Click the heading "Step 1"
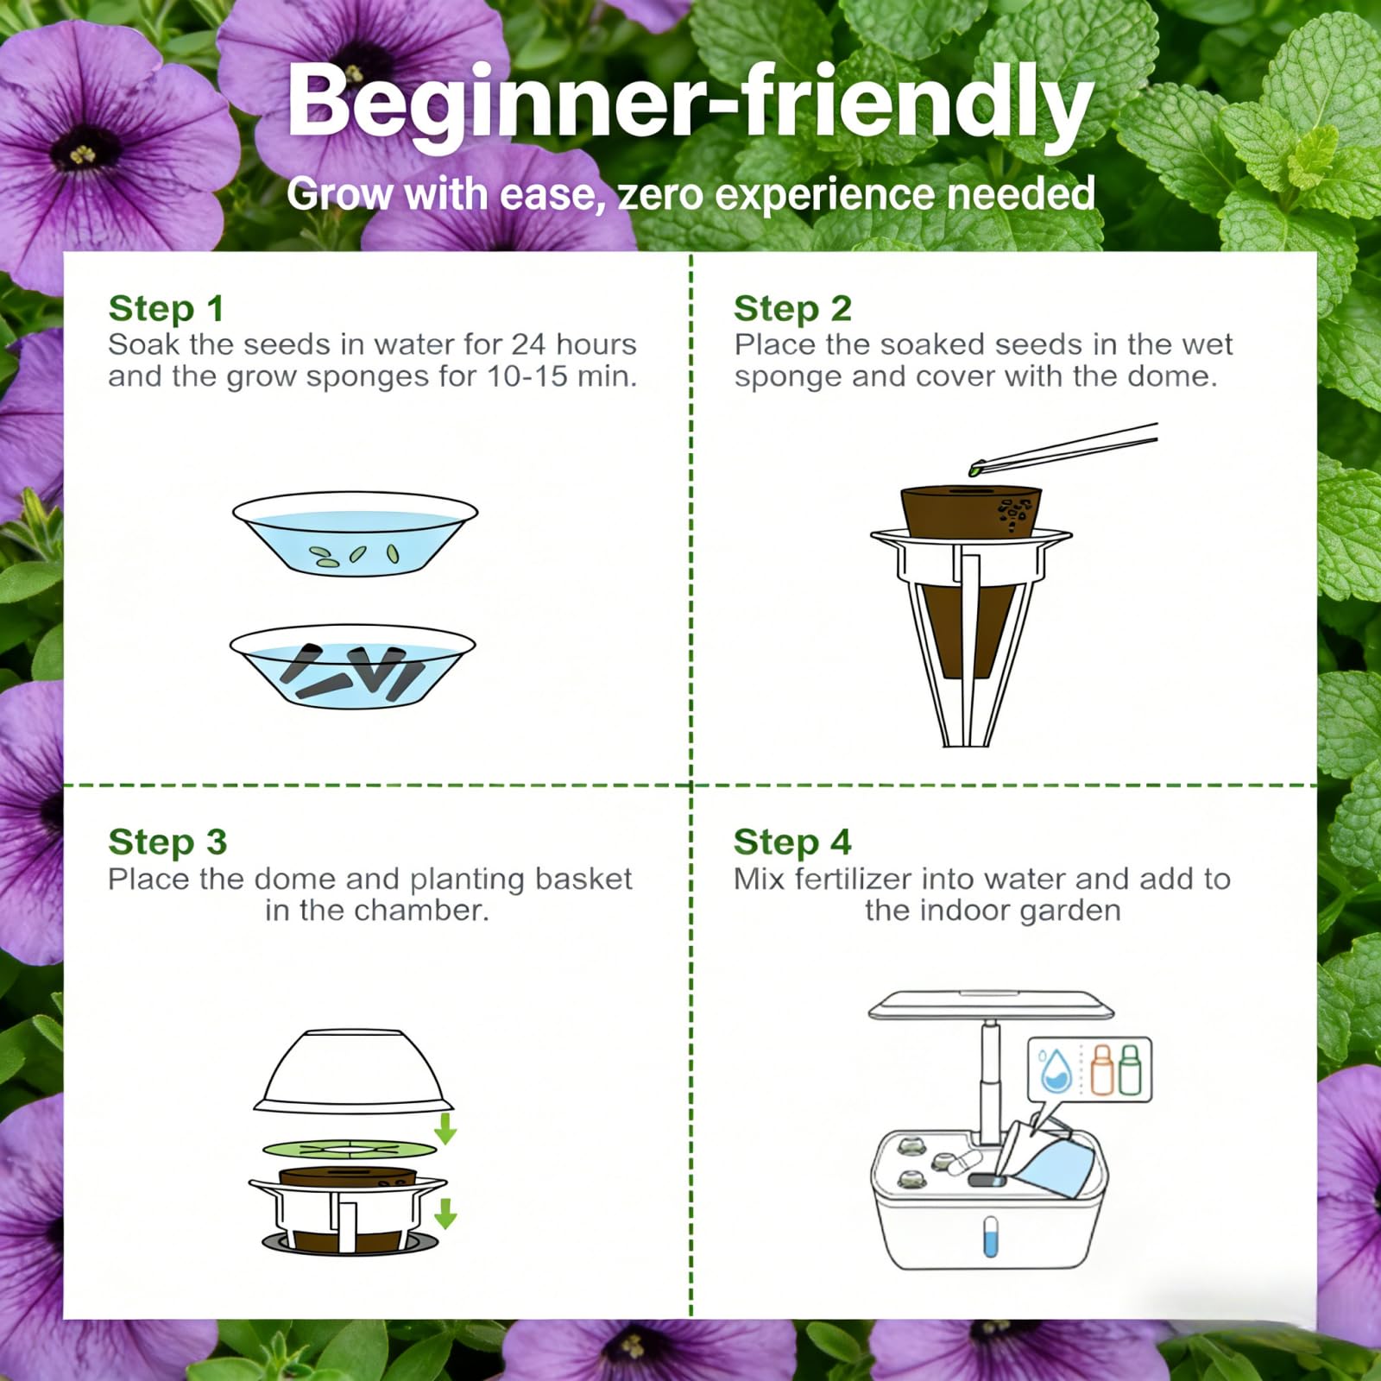166,308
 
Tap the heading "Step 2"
792,308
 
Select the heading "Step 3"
167,842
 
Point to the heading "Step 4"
792,842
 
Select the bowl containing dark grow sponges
352,666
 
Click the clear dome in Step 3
354,1070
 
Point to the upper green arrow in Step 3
445,1128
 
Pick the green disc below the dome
350,1150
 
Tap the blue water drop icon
1056,1071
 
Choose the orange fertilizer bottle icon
1102,1070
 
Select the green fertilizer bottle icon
1130,1070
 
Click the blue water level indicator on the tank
990,1236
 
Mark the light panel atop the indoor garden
991,1005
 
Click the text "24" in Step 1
528,344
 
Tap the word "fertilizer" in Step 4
853,879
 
